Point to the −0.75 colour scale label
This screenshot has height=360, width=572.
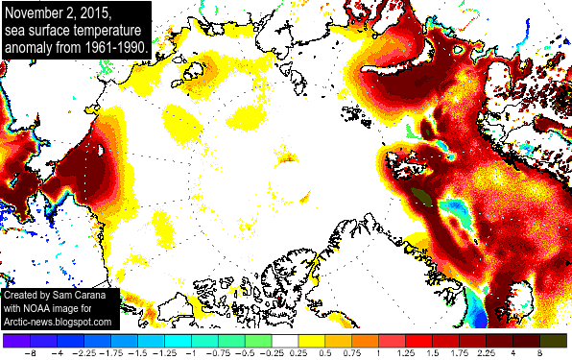point(219,353)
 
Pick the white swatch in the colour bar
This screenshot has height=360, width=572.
point(286,340)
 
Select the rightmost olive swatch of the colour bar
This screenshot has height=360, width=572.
point(555,340)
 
